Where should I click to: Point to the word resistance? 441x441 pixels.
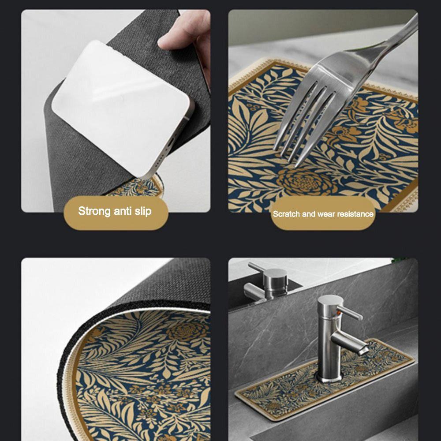pyautogui.click(x=355, y=214)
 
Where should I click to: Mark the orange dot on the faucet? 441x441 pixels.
pyautogui.click(x=340, y=315)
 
